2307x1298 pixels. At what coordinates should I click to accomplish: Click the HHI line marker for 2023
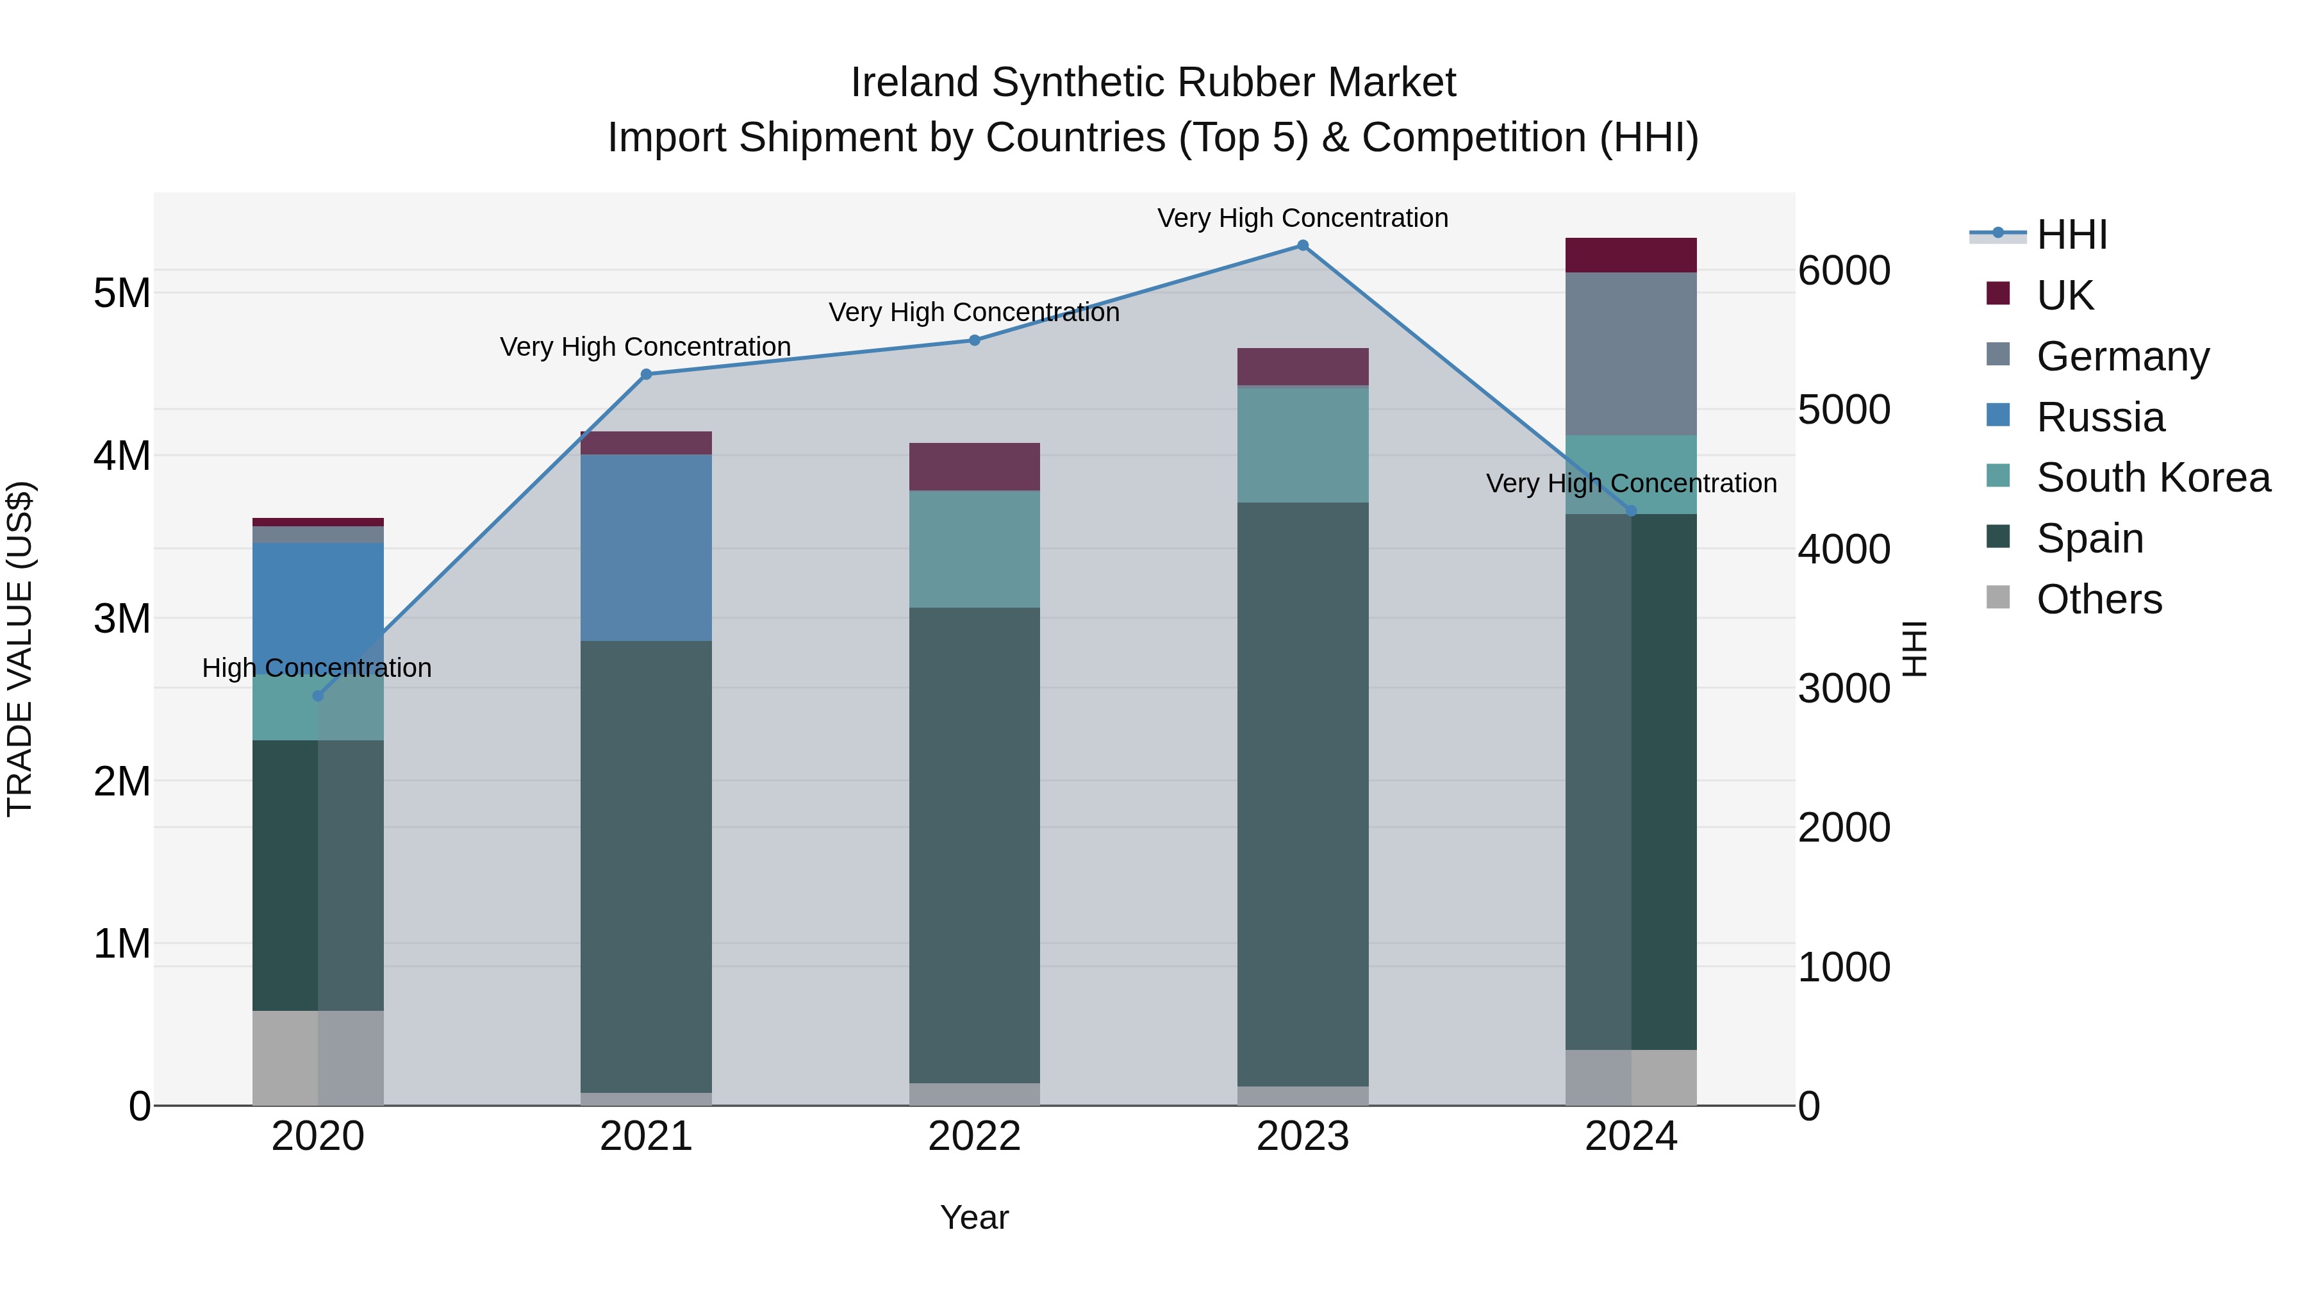[x=1303, y=245]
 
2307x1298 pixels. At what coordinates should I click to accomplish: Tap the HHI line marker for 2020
[x=318, y=696]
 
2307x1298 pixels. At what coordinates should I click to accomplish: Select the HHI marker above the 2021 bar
[x=647, y=374]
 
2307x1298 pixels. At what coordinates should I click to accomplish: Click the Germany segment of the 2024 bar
[x=1631, y=354]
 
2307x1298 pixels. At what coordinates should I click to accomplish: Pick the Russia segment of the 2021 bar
[x=647, y=547]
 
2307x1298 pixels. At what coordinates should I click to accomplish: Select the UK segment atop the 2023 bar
[x=1303, y=367]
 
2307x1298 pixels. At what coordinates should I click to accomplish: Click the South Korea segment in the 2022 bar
[x=974, y=549]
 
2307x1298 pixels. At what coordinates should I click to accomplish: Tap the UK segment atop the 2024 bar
[x=1631, y=255]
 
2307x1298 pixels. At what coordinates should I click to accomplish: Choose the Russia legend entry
[x=2099, y=417]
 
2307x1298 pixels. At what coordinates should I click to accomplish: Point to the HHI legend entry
[x=2071, y=235]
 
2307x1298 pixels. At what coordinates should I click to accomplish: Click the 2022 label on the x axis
[x=974, y=1136]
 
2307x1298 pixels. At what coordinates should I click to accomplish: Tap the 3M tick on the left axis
[x=122, y=618]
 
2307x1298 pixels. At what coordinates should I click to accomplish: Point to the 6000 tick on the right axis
[x=1844, y=270]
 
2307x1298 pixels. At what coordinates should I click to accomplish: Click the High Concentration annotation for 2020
[x=317, y=669]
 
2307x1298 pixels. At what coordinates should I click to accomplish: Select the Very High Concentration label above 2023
[x=1302, y=219]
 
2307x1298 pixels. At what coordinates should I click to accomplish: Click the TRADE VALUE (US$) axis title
[x=20, y=649]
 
